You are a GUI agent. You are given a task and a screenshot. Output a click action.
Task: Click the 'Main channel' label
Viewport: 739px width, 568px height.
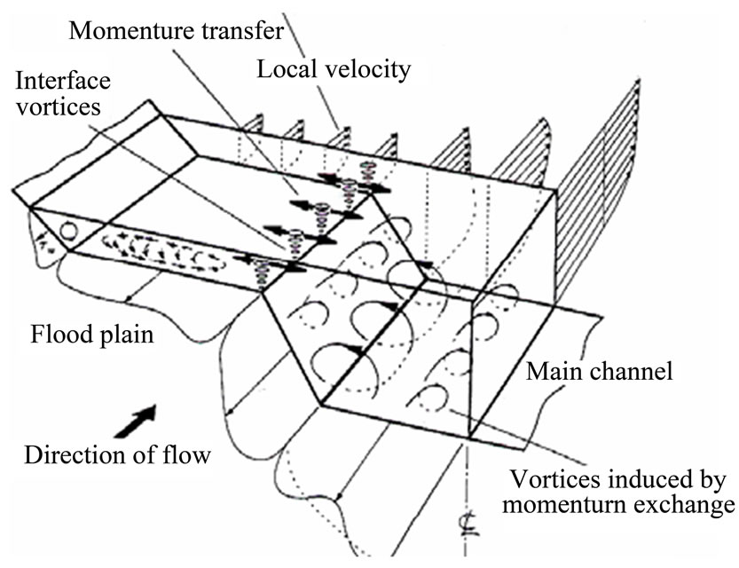pyautogui.click(x=599, y=371)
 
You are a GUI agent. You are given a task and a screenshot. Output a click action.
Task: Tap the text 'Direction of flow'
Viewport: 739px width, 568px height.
pyautogui.click(x=117, y=456)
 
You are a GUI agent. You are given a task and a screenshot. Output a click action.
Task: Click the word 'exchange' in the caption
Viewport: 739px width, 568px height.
pyautogui.click(x=688, y=506)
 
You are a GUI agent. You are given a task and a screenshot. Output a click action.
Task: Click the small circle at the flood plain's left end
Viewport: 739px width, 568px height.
pyautogui.click(x=67, y=233)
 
